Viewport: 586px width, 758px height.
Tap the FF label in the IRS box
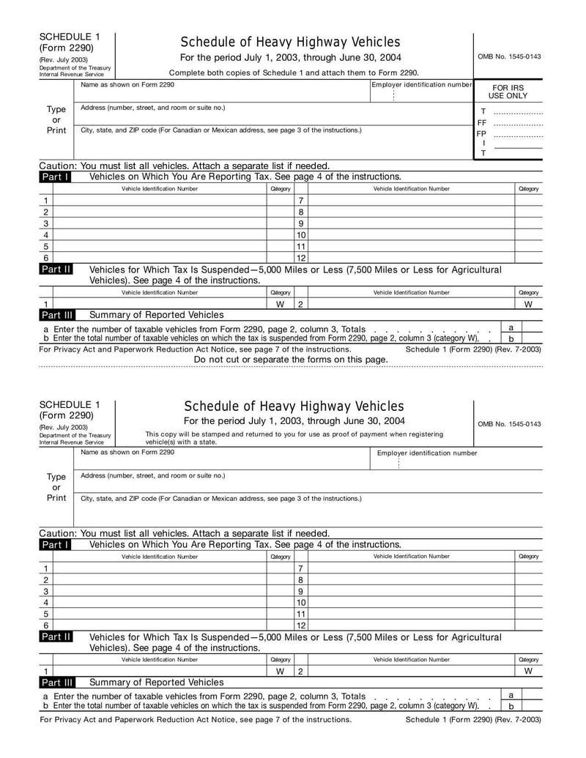tap(482, 122)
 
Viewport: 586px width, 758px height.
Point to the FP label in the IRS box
tap(481, 134)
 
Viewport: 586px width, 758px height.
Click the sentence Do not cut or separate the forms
tap(291, 360)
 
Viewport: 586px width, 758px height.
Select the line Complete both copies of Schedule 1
tap(294, 73)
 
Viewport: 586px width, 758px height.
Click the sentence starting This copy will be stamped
tap(294, 438)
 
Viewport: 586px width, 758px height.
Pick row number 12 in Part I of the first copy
tap(300, 258)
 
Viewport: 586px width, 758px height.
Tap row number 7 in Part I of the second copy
tap(300, 568)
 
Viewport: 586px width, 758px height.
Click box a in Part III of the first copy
tap(511, 327)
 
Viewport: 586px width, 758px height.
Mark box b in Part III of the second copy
tap(511, 706)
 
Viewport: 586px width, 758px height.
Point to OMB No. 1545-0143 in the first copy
tap(509, 56)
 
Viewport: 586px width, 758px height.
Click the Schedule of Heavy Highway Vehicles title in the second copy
tap(294, 406)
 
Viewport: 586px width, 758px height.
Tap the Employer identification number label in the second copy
tap(426, 453)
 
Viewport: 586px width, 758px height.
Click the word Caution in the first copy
tap(57, 166)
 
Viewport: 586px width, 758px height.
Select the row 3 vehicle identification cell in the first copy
tap(160, 223)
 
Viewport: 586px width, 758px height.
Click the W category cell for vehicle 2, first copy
tap(528, 304)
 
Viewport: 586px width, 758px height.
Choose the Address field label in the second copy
tap(152, 475)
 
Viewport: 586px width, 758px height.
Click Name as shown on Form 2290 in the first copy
tap(127, 85)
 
